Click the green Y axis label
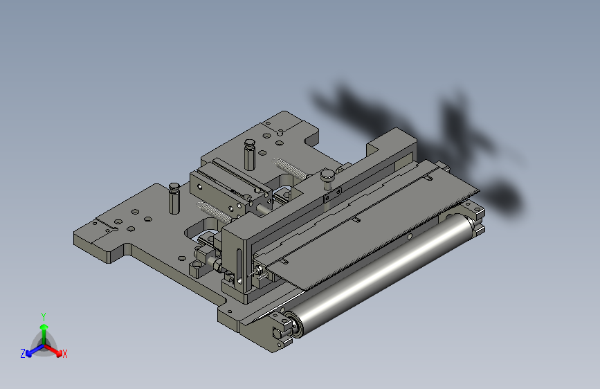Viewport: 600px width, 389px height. tap(44, 316)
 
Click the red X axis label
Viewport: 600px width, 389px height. tap(64, 354)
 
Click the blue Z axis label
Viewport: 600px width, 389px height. tap(23, 354)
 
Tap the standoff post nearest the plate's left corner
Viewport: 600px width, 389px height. tap(174, 198)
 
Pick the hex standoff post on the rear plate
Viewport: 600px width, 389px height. tap(250, 154)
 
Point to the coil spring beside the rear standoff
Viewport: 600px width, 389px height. tap(290, 168)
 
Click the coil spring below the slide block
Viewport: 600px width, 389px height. tap(215, 213)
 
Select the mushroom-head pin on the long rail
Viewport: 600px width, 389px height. tap(327, 179)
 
